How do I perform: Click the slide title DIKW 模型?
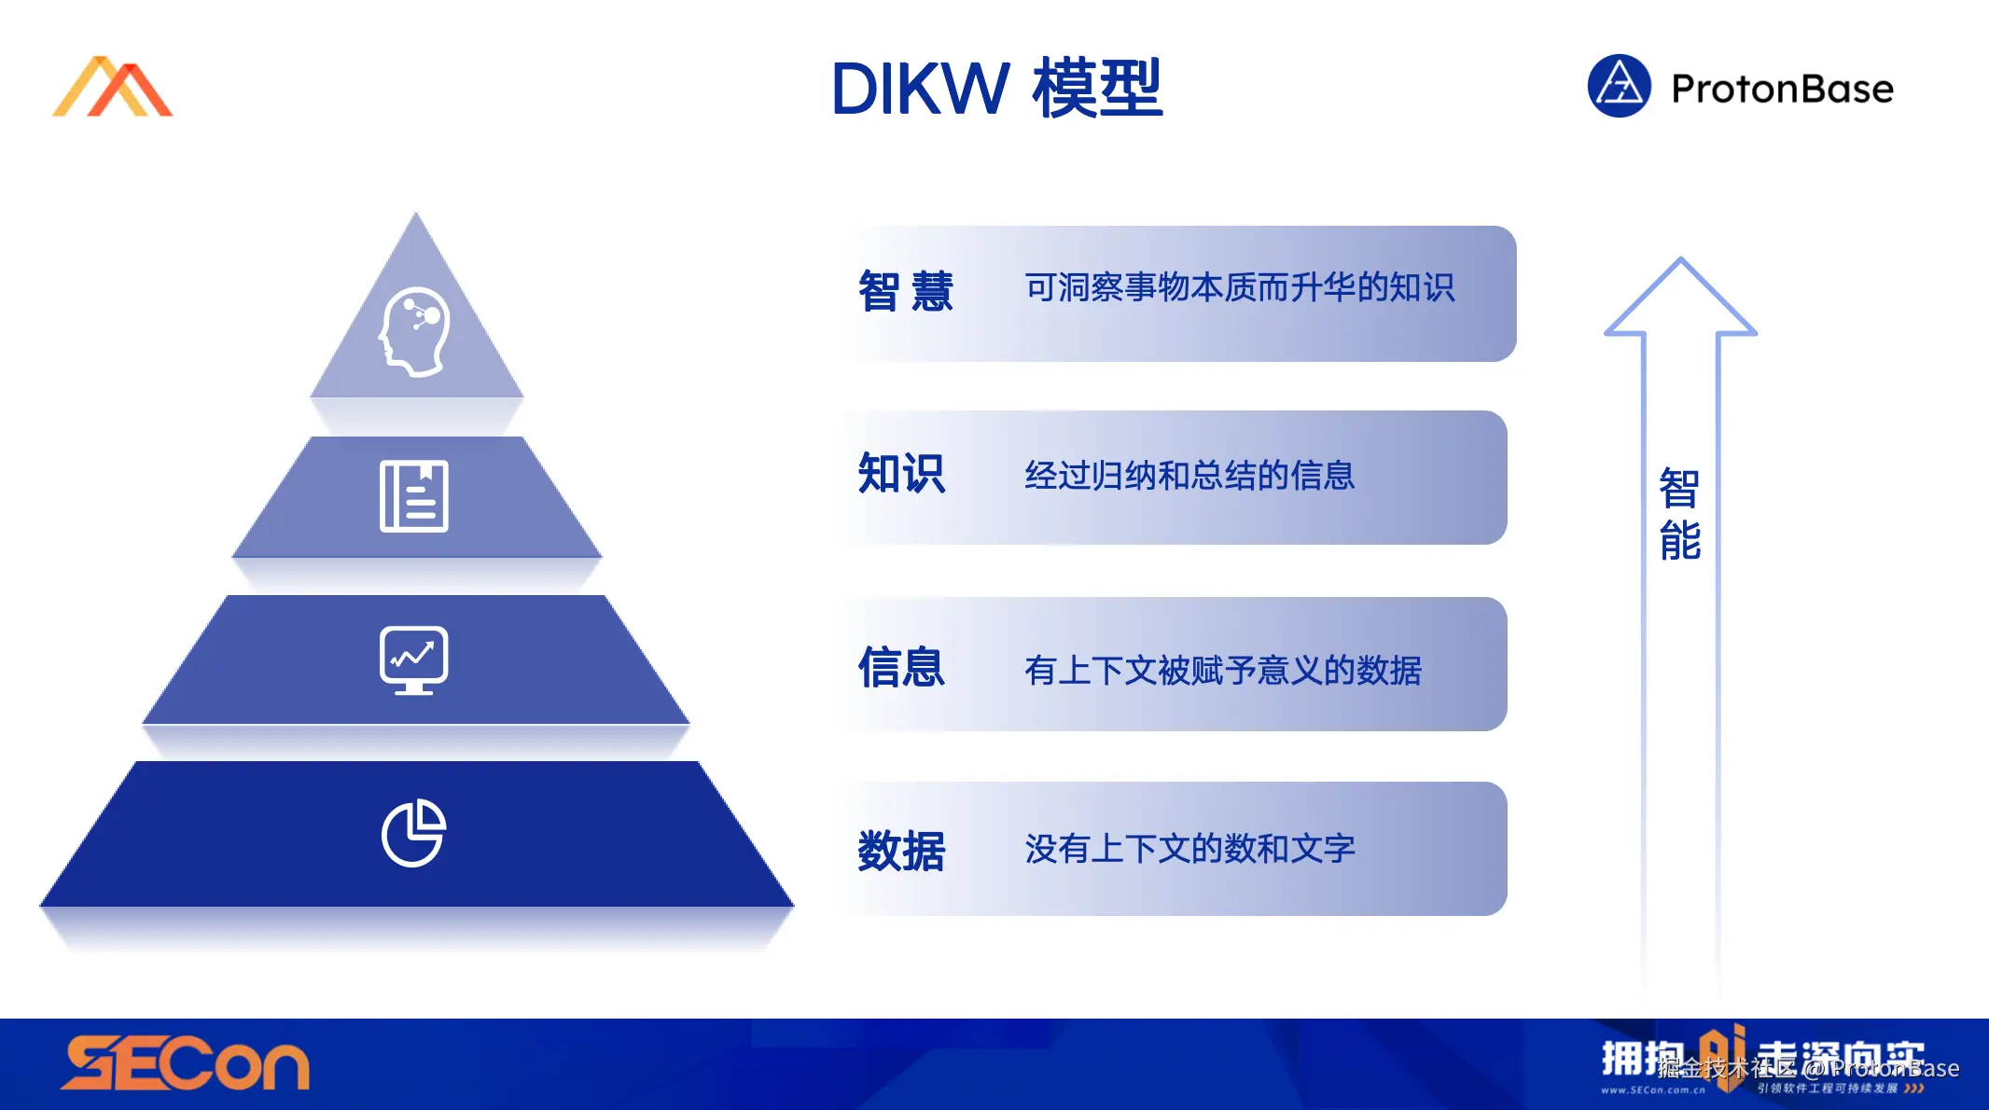[996, 89]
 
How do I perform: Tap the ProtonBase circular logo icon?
[1619, 87]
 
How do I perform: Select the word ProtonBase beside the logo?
[1782, 90]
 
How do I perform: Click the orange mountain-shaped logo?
[113, 88]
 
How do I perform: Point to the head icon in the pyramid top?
[415, 331]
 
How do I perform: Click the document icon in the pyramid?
[414, 496]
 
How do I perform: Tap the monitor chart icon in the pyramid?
[414, 660]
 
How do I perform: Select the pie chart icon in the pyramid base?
[414, 833]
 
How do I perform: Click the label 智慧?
[905, 291]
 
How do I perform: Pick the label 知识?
[901, 474]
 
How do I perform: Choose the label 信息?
[901, 668]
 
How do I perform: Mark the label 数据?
[901, 851]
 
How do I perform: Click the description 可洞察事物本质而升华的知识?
[1239, 288]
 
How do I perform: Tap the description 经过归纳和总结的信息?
[1189, 476]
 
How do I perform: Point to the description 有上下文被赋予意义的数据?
[1223, 670]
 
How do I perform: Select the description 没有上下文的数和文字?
[1189, 849]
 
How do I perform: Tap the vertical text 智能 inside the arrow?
[1680, 515]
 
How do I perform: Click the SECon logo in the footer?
[185, 1064]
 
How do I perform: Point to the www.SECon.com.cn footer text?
[1652, 1089]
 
